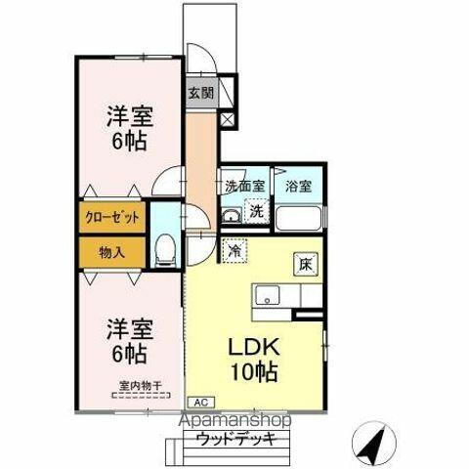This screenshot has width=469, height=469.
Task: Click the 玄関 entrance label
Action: coord(201,95)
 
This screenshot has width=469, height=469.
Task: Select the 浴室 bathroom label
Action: coord(298,186)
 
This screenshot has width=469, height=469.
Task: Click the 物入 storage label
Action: coord(111,252)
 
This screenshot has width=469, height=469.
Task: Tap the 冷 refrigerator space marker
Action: coord(234,251)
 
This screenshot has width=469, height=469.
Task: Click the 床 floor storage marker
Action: coord(305,262)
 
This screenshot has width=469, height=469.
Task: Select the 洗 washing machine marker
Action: coord(256,209)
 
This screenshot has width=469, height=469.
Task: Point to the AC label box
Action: coord(199,402)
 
